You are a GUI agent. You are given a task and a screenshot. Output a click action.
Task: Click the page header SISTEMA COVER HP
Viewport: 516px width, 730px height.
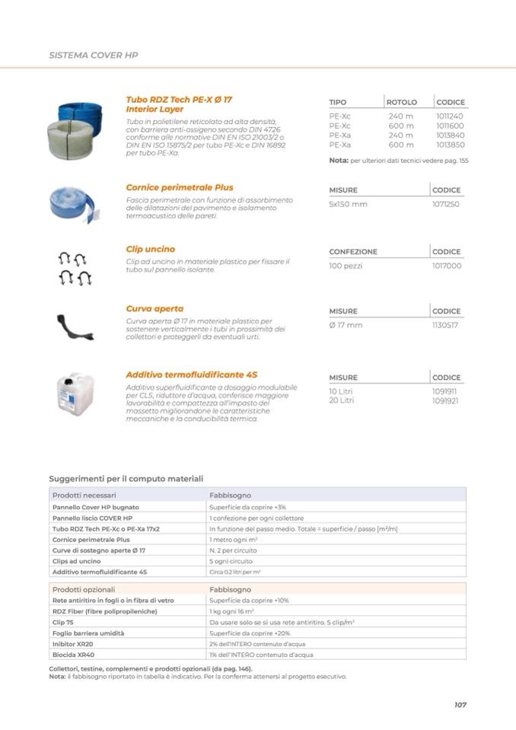[x=93, y=56]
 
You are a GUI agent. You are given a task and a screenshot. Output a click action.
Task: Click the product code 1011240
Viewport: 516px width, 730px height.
[x=449, y=116]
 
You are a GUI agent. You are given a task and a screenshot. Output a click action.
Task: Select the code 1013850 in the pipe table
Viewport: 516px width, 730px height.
[x=449, y=145]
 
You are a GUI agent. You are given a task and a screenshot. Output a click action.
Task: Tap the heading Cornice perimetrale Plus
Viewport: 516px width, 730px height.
[x=179, y=187]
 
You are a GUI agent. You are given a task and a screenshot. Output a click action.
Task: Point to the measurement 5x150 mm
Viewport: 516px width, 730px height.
[x=348, y=204]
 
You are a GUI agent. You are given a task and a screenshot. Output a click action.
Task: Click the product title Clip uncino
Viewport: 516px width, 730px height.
[x=150, y=249]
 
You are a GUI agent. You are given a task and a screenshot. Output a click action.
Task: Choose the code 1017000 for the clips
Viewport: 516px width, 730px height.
[x=446, y=266]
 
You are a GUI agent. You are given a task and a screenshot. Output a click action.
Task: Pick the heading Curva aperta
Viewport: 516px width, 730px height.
[x=154, y=309]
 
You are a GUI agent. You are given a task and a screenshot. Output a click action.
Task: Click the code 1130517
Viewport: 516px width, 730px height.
[x=445, y=325]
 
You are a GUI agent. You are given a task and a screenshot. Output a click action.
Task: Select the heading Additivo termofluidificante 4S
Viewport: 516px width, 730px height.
[x=191, y=375]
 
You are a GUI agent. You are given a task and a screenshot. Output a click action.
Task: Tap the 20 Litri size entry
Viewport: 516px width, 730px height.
[x=341, y=400]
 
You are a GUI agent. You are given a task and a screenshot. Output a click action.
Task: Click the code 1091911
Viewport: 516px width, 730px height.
[x=445, y=391]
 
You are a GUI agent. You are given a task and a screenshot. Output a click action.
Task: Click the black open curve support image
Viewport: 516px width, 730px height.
[x=77, y=324]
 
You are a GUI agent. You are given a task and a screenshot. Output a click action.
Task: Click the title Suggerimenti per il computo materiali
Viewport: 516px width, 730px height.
[x=126, y=479]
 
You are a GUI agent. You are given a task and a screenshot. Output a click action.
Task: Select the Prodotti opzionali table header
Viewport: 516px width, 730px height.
[x=84, y=589]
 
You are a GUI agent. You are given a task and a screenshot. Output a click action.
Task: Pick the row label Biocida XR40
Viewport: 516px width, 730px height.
[x=73, y=654]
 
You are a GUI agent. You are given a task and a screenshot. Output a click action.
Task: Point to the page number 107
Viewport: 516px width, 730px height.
[x=460, y=704]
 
